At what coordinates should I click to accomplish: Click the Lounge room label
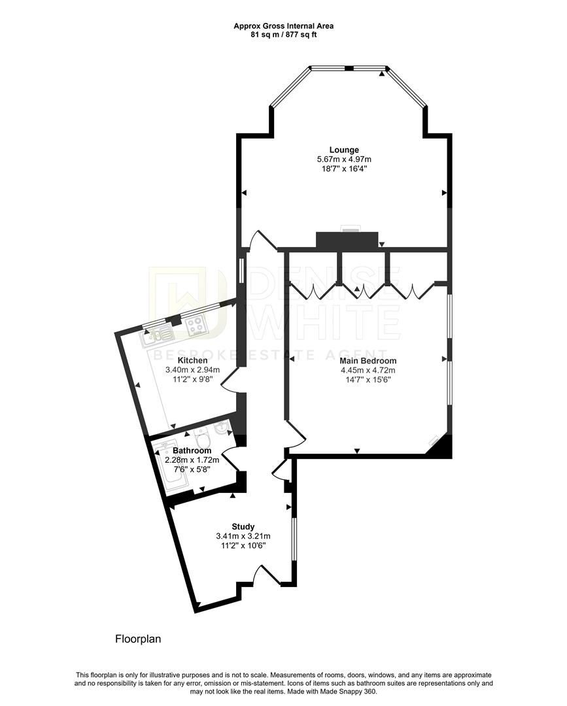[x=344, y=150]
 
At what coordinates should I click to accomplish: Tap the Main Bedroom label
[x=368, y=360]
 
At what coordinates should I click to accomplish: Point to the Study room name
[x=243, y=526]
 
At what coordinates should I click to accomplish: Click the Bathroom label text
[x=192, y=450]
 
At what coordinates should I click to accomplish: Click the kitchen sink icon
[x=158, y=334]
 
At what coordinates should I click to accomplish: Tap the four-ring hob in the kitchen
[x=195, y=327]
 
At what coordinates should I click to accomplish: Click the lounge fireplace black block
[x=347, y=240]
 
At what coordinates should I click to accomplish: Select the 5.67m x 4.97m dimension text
[x=344, y=159]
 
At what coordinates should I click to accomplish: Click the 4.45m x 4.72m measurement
[x=368, y=370]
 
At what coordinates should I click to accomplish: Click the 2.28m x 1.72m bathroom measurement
[x=192, y=460]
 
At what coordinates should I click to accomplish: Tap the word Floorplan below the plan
[x=138, y=639]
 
